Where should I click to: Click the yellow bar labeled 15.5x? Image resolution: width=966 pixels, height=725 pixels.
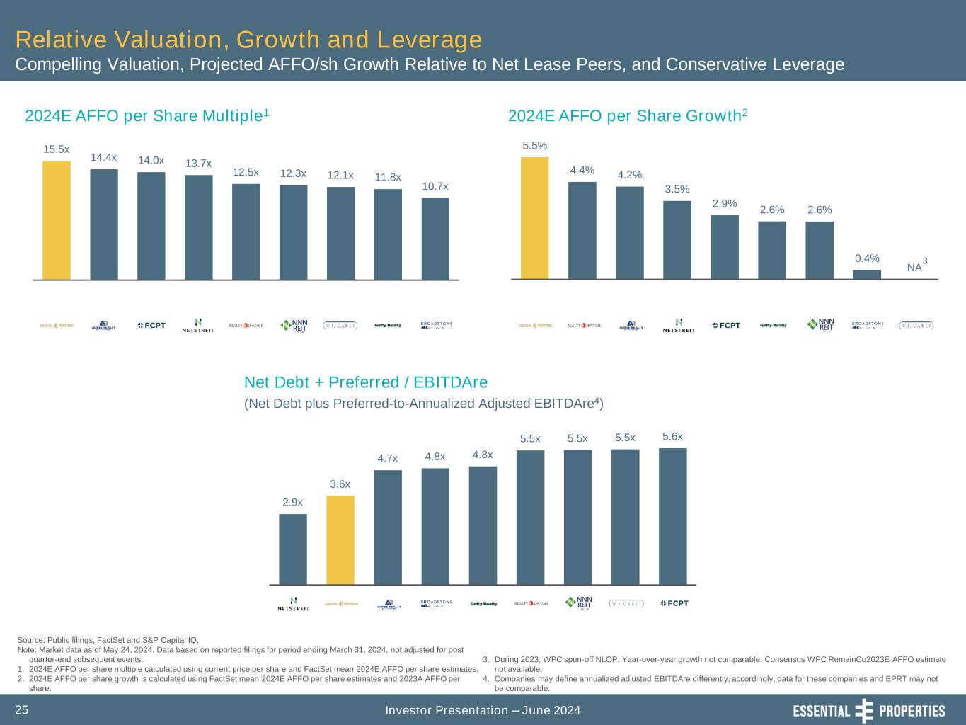pos(57,220)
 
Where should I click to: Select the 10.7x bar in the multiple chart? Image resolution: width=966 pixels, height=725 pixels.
pos(435,239)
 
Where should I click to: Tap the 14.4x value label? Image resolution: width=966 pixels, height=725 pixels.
pos(103,157)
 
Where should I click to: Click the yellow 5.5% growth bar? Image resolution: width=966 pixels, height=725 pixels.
pos(535,218)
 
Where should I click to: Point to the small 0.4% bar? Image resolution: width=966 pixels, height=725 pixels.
pos(867,274)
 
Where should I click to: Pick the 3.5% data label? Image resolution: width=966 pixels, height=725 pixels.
pos(677,189)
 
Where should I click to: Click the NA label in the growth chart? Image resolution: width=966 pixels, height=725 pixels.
pos(915,268)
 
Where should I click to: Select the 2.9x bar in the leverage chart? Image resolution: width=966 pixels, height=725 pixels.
pos(293,549)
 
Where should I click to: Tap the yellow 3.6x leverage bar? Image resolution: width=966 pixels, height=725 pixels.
pos(340,540)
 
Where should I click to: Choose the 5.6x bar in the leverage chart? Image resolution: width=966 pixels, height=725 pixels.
pos(672,516)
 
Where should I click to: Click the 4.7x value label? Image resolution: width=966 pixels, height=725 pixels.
pos(388,458)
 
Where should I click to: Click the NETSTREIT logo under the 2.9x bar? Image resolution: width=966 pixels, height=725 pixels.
pos(293,604)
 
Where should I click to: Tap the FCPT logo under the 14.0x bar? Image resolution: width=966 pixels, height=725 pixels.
pos(151,325)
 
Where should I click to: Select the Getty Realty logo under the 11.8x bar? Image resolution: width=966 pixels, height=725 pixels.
pos(388,325)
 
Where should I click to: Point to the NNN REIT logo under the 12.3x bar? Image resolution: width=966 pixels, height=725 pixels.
pos(294,325)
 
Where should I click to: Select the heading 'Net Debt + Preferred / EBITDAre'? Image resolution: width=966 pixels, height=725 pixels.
pos(366,382)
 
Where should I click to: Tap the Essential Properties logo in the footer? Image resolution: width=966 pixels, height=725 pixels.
pos(868,711)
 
